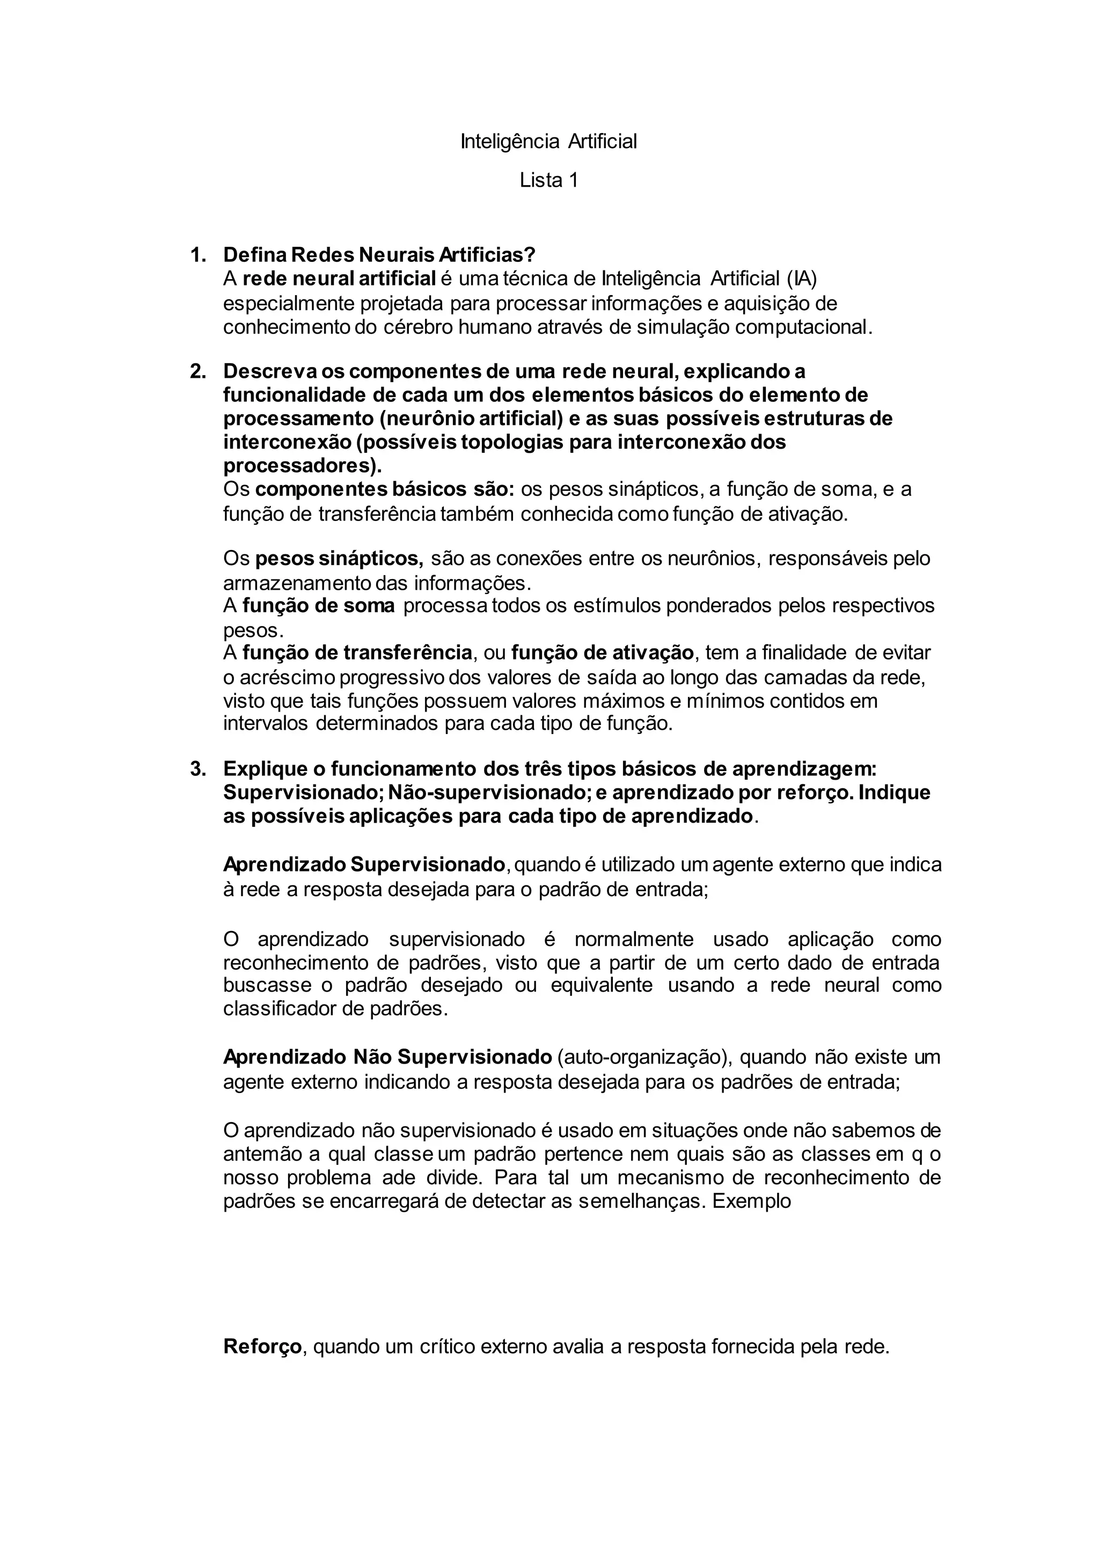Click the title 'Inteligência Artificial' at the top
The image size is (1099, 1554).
pyautogui.click(x=548, y=142)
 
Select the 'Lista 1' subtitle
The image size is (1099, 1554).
pyautogui.click(x=548, y=181)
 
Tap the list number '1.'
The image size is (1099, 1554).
pyautogui.click(x=197, y=255)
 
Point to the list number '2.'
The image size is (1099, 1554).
pyautogui.click(x=197, y=371)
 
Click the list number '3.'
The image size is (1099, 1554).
pyautogui.click(x=197, y=769)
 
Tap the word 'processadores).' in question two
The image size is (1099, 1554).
pyautogui.click(x=303, y=466)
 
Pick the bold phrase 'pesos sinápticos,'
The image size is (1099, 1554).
pyautogui.click(x=339, y=559)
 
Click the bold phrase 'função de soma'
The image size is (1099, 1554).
pyautogui.click(x=318, y=606)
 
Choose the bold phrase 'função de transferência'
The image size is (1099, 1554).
pyautogui.click(x=357, y=653)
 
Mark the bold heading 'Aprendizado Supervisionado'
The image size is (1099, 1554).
pyautogui.click(x=364, y=865)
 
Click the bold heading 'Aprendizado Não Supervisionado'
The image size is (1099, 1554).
pyautogui.click(x=388, y=1057)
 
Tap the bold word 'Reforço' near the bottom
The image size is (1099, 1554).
pyautogui.click(x=262, y=1347)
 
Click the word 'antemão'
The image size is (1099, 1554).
pyautogui.click(x=259, y=1154)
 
